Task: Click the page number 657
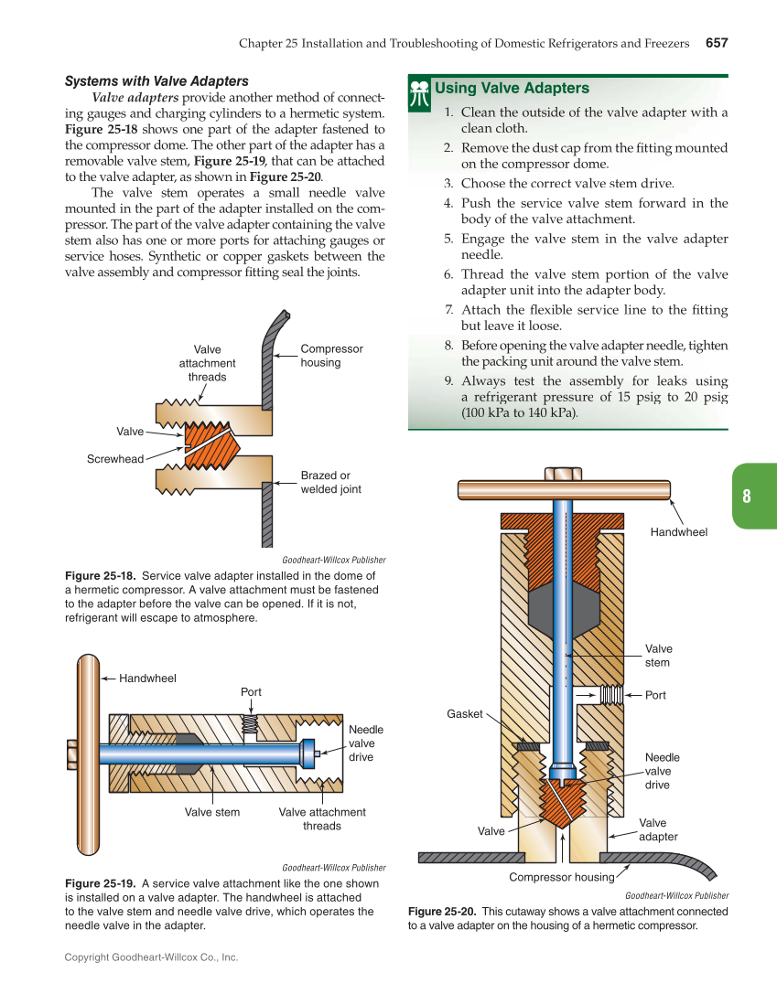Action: click(x=716, y=43)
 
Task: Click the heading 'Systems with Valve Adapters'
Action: click(x=156, y=81)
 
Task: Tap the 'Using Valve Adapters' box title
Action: click(x=512, y=89)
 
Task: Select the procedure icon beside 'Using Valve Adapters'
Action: click(x=420, y=93)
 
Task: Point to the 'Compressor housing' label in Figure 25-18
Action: click(x=331, y=356)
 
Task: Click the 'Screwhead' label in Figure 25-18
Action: click(x=115, y=459)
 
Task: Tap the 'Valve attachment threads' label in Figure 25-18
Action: click(x=208, y=363)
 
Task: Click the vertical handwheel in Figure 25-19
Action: click(x=88, y=754)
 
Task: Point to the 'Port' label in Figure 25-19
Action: click(x=251, y=692)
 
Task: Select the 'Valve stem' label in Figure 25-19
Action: click(x=212, y=812)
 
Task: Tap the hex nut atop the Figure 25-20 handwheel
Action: click(x=563, y=474)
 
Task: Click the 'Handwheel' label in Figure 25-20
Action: click(x=678, y=531)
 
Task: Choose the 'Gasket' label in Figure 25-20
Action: click(x=464, y=713)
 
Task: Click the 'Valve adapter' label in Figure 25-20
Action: click(x=658, y=829)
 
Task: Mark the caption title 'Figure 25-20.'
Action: click(x=442, y=912)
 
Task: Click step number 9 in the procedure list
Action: click(x=448, y=381)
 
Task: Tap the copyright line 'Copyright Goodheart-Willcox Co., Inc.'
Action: click(x=151, y=957)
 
